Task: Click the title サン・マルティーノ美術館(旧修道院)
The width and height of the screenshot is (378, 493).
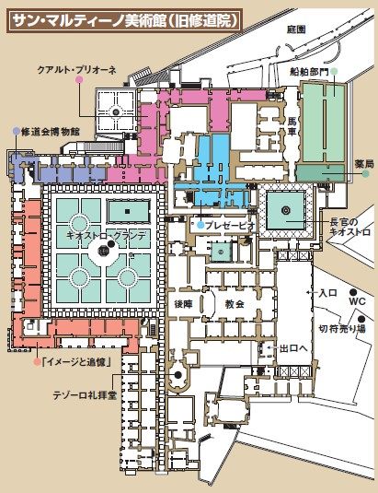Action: (x=124, y=21)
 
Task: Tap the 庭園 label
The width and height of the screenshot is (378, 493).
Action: (x=296, y=29)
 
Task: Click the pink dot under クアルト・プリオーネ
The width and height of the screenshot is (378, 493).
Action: (x=79, y=80)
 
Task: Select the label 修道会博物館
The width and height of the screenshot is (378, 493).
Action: (x=51, y=132)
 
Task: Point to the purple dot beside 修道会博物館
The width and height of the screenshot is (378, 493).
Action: (x=17, y=131)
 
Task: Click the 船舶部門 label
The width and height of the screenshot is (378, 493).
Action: (x=309, y=72)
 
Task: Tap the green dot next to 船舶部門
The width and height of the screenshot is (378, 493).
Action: (x=335, y=71)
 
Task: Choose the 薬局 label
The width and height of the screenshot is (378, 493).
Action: (x=364, y=164)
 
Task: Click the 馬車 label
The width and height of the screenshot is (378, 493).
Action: (x=292, y=125)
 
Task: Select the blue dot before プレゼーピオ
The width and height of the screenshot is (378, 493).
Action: (x=201, y=225)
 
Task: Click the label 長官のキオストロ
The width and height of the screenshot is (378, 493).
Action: (x=350, y=228)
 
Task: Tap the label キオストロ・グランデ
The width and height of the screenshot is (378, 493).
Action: (x=107, y=236)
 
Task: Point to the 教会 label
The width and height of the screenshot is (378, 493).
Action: (x=235, y=304)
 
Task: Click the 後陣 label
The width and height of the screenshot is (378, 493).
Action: (x=184, y=304)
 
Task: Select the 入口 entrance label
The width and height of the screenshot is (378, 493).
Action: (x=327, y=293)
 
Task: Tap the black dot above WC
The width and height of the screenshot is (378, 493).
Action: (x=353, y=291)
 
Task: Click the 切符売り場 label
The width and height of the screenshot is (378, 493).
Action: (x=342, y=329)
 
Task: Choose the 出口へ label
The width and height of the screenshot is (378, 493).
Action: (x=293, y=348)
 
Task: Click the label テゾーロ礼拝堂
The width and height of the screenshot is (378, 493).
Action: (x=85, y=395)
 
